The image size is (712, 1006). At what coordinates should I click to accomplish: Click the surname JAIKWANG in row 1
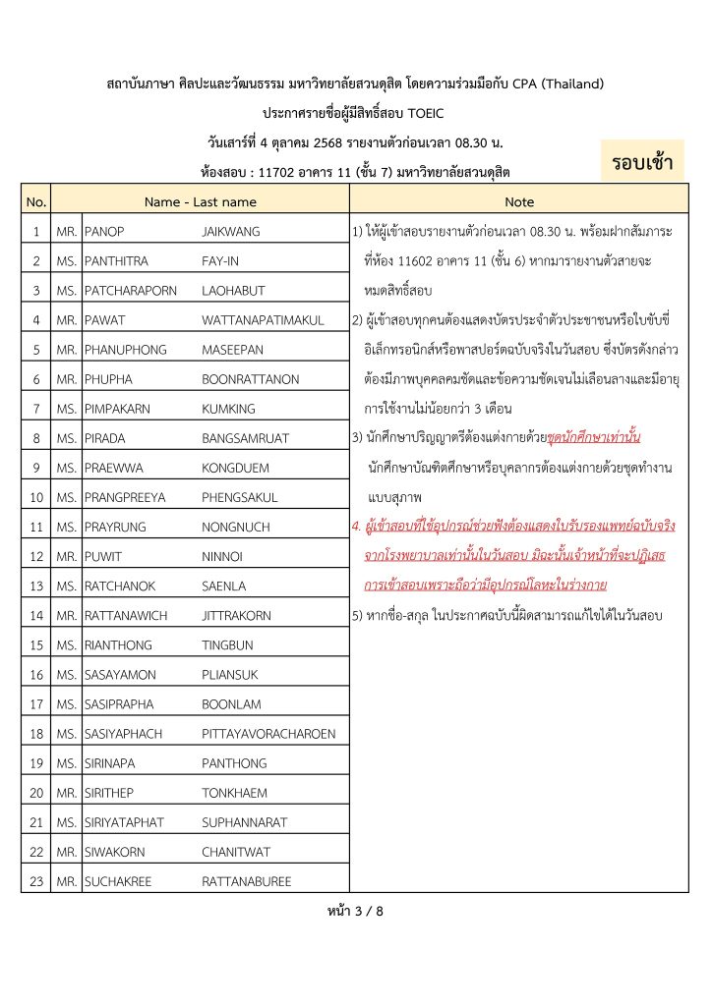coord(231,232)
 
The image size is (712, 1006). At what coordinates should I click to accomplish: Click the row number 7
coord(36,409)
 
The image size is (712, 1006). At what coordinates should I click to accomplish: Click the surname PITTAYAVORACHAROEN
coord(268,733)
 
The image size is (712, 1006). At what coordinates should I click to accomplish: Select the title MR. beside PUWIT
coord(67,557)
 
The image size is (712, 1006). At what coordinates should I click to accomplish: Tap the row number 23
coord(36,881)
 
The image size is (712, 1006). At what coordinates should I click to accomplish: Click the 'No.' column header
coord(36,202)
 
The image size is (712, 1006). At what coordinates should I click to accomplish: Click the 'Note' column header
coord(518,202)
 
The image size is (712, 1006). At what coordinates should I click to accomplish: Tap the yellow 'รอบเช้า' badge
coord(642,162)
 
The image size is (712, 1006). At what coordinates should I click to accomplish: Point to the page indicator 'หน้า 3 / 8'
coord(355,911)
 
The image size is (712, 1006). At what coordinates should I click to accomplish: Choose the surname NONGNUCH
coord(236,528)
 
